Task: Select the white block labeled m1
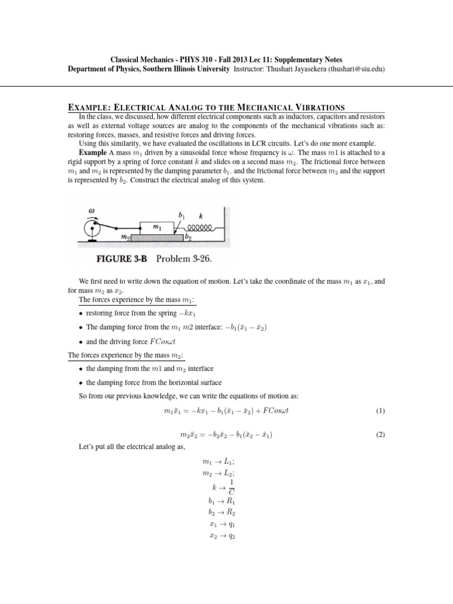tap(157, 227)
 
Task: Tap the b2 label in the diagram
tap(188, 237)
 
